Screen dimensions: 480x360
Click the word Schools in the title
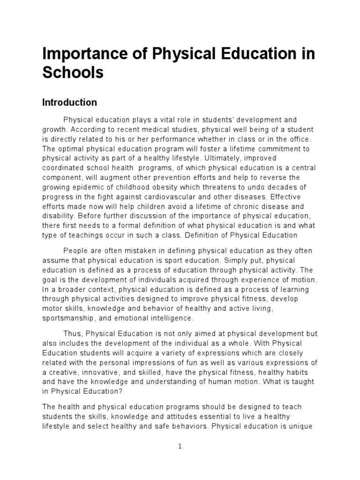(x=73, y=74)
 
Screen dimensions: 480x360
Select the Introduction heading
(x=70, y=102)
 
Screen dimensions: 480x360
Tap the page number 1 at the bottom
(x=180, y=447)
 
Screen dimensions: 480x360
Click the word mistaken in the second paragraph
(x=135, y=251)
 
